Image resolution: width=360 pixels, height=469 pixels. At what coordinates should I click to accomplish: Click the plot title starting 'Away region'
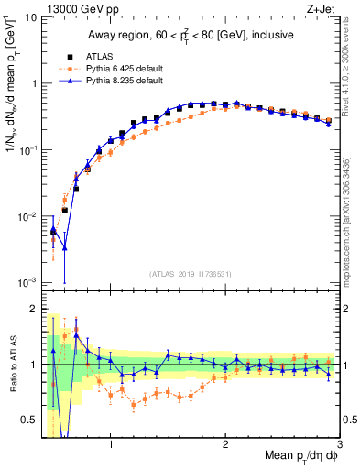click(x=191, y=35)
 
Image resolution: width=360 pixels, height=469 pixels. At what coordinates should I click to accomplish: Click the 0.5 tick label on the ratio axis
click(x=30, y=420)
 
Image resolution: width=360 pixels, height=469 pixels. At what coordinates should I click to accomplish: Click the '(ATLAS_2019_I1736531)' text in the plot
click(x=191, y=273)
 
